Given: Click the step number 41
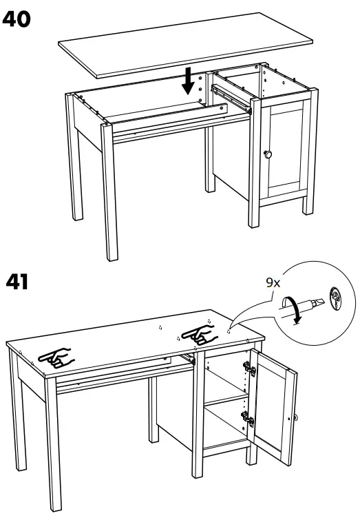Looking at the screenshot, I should tap(18, 283).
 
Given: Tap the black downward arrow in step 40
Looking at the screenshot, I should tap(187, 83).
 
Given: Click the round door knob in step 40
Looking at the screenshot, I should tap(268, 153).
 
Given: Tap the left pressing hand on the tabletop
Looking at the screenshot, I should tap(56, 357).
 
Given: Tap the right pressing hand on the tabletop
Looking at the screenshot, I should tap(199, 333).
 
